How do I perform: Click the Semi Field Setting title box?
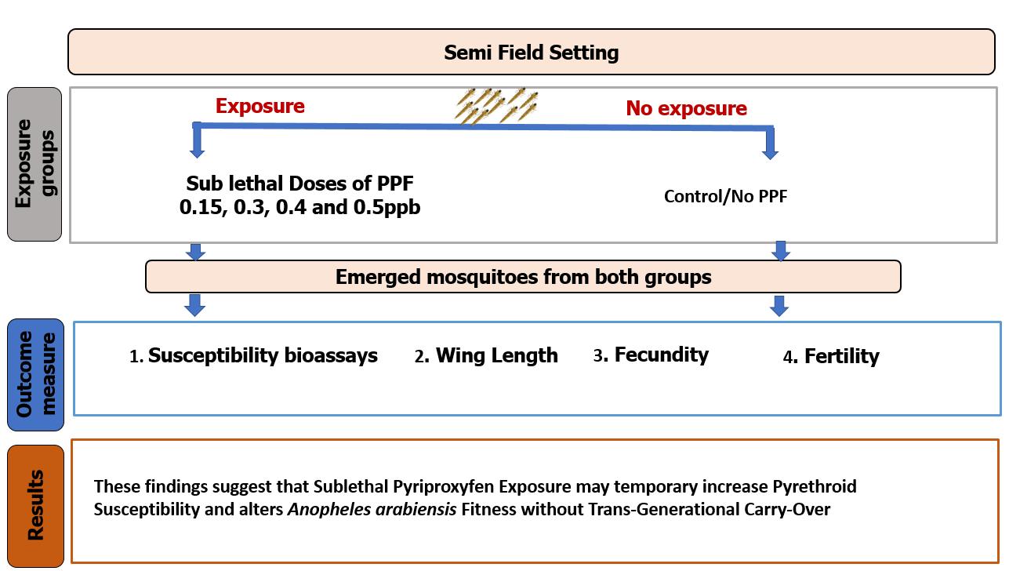[x=532, y=53]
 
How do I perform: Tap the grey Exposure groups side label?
[x=34, y=163]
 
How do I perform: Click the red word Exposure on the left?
[x=260, y=106]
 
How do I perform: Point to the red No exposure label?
[x=686, y=108]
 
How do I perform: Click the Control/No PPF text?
[x=725, y=197]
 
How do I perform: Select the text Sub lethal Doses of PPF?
[x=299, y=184]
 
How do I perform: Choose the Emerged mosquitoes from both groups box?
[x=523, y=277]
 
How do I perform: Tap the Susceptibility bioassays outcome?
[x=263, y=356]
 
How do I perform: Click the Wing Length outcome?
[x=496, y=356]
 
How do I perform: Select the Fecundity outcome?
[x=661, y=355]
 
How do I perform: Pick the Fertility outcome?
[x=841, y=357]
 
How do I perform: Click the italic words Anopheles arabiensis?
[x=372, y=510]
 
